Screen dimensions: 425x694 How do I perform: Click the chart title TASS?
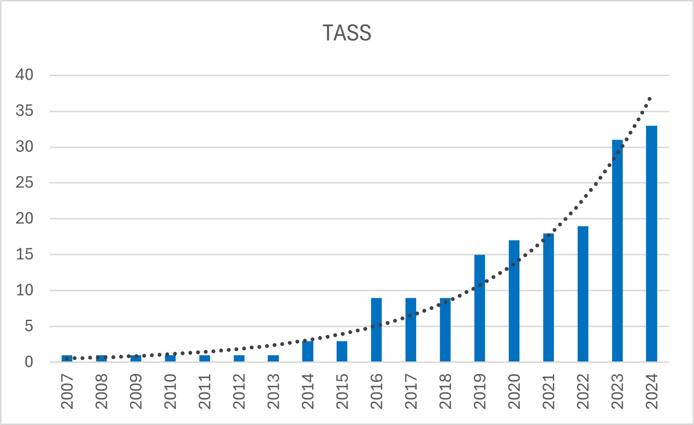347,33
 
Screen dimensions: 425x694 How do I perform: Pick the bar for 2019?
480,308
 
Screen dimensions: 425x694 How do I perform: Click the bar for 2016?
376,330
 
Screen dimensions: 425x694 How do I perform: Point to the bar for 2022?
582,294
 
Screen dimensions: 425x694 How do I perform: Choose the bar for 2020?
514,301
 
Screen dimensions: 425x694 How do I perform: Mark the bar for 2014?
307,351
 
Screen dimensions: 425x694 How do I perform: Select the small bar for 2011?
205,358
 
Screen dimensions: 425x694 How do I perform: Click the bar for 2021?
549,297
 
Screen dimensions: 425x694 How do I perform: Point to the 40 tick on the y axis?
24,75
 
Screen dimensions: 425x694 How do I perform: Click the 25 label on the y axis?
24,182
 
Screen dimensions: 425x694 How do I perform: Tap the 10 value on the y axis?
24,290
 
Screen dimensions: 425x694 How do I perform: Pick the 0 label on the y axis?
29,362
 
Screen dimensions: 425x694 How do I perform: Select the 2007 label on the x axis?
67,392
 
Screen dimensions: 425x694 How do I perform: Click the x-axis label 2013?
274,392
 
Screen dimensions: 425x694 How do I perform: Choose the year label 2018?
445,392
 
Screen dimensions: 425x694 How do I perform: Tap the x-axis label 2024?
652,392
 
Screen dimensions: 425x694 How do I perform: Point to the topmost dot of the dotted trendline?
649,98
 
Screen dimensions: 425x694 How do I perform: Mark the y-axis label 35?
24,111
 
